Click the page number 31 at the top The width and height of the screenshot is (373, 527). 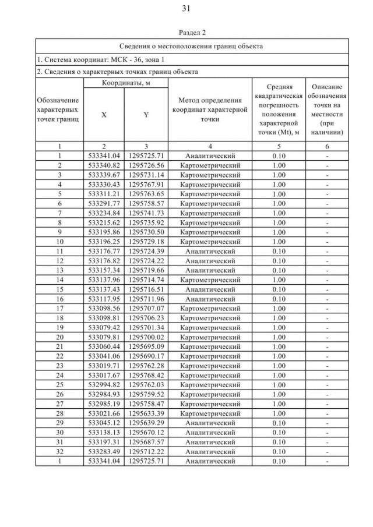click(x=186, y=8)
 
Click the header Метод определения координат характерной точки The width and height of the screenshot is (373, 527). click(x=210, y=109)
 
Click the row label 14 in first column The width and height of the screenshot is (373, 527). click(x=59, y=279)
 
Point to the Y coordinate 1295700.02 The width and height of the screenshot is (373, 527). click(x=146, y=336)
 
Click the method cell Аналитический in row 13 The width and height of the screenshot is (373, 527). click(x=210, y=270)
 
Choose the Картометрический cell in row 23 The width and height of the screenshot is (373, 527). click(x=210, y=365)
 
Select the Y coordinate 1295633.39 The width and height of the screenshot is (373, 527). click(x=146, y=413)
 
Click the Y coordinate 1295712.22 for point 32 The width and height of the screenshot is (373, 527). click(x=146, y=451)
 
